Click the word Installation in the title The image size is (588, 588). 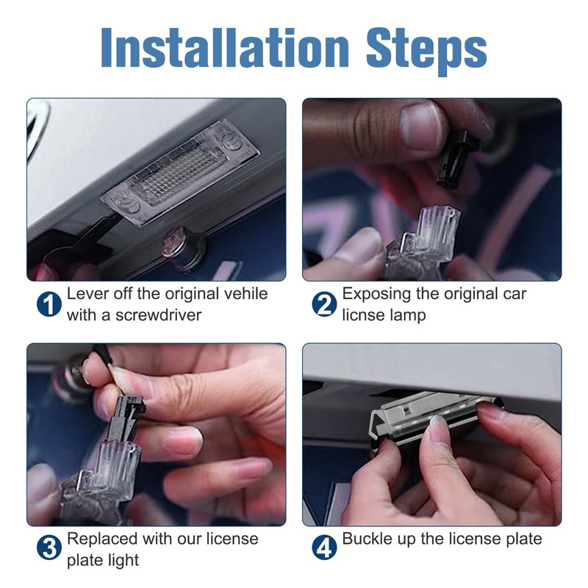coord(225,47)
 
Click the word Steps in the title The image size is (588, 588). coord(426,51)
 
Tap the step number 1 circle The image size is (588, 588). coord(49,304)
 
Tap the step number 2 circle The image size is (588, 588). coord(324,304)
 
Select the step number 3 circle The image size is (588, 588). coord(49,548)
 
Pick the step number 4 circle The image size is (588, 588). coord(324,548)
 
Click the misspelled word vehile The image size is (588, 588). coord(245,293)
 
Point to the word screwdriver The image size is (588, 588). coord(158,315)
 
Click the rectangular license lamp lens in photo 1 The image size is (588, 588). coord(180,173)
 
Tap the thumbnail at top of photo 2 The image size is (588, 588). coord(420,126)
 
